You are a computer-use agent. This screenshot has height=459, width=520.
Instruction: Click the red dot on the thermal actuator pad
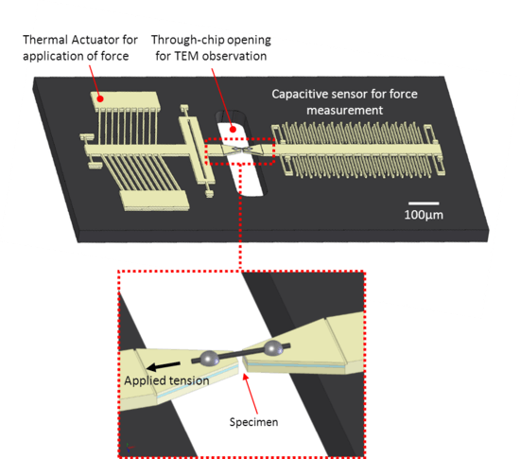click(100, 98)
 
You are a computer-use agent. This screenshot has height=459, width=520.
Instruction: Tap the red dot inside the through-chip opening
click(233, 129)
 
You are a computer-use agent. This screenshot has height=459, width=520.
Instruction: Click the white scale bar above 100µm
click(424, 203)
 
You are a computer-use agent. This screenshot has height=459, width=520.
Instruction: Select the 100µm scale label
click(424, 215)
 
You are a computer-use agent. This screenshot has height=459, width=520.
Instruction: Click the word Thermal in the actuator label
click(45, 40)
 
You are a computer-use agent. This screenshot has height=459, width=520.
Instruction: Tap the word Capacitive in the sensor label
click(300, 95)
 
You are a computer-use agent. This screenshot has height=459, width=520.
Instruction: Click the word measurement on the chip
click(344, 110)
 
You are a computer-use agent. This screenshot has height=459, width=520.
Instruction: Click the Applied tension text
click(166, 380)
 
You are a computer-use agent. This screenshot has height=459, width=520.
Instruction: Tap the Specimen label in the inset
click(253, 422)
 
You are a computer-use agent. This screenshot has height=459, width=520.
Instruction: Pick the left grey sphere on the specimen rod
click(210, 359)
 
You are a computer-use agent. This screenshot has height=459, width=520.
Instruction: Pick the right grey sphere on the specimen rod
click(273, 348)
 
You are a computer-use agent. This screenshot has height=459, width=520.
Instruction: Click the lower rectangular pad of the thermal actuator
click(154, 200)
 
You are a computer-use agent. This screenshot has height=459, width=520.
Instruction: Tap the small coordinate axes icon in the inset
click(130, 448)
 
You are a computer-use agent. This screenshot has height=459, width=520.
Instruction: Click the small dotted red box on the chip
click(240, 151)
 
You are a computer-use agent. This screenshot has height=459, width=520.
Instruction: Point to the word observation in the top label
click(234, 56)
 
